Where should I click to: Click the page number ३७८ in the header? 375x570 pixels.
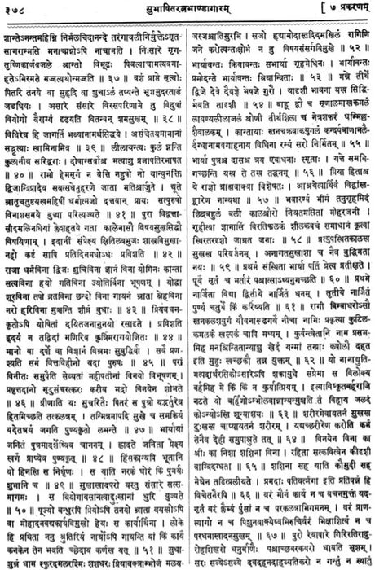19,9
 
